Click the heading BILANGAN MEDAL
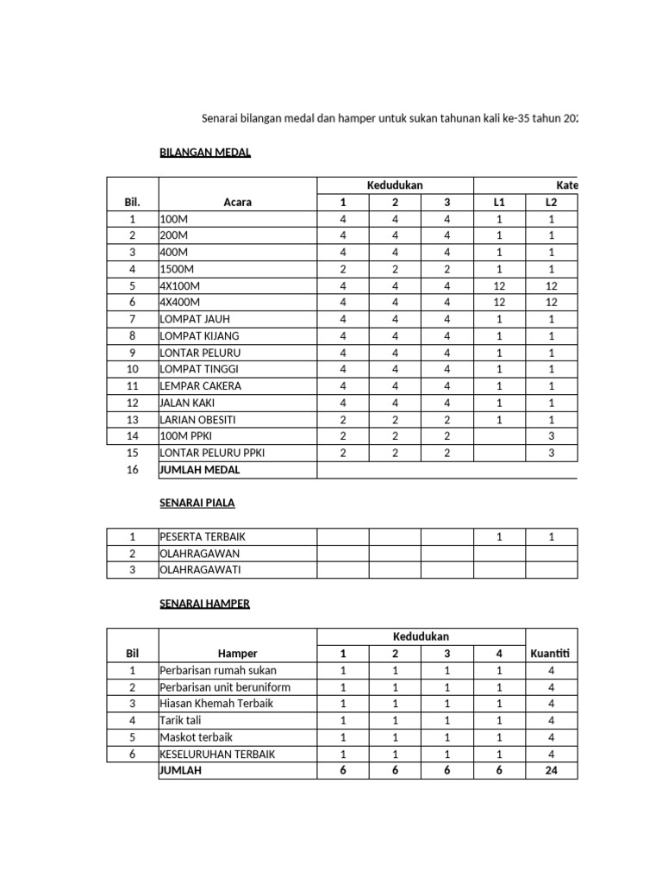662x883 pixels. coord(205,153)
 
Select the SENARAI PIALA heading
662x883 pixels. coord(197,503)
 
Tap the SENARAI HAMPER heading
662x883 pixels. coord(204,604)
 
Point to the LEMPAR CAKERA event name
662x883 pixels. coord(200,386)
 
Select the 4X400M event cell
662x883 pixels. coord(180,303)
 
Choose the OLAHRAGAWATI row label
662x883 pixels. coord(200,570)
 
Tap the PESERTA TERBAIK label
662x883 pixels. coord(203,537)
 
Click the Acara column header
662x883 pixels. coord(238,203)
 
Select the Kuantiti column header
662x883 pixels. coord(551,654)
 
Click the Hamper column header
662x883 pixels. coord(238,654)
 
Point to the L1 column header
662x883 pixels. coord(499,203)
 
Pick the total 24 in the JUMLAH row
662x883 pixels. coord(551,771)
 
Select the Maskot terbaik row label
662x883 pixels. coord(197,737)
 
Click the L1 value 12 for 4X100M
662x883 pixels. coord(499,286)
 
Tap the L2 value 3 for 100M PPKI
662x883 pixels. coord(551,436)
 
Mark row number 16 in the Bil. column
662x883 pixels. coord(132,470)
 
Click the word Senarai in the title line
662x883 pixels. coord(221,117)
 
